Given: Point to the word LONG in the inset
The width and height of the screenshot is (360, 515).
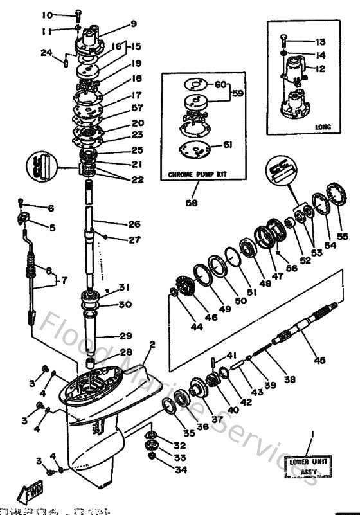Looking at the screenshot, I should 323,127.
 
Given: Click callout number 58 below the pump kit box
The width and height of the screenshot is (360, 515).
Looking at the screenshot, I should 192,203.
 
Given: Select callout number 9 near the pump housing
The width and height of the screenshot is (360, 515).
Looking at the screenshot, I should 134,24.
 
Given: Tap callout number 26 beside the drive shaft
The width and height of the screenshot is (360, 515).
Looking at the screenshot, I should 134,224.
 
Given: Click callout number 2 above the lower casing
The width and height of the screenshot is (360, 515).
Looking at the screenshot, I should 153,345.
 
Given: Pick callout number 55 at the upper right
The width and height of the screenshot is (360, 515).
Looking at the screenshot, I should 343,236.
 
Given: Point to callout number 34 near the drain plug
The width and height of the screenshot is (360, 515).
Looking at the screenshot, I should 179,470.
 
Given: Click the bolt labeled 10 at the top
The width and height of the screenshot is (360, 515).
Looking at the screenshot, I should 78,14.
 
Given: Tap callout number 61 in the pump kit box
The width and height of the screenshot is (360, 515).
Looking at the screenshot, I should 227,145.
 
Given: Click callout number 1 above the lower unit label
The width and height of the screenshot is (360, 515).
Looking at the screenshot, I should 312,435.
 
